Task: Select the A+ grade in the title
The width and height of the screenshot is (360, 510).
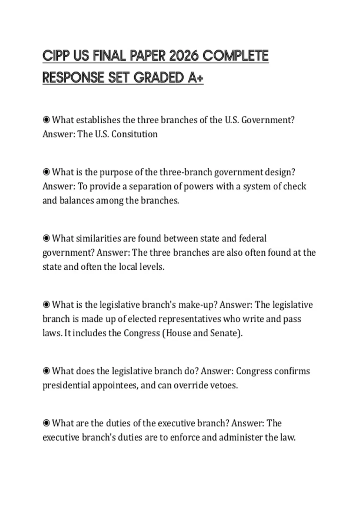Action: (196, 78)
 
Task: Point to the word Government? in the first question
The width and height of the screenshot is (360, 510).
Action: (268, 120)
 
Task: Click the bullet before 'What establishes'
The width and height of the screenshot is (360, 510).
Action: (46, 120)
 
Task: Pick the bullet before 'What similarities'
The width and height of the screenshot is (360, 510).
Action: (46, 238)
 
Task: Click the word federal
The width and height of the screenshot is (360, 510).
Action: (253, 238)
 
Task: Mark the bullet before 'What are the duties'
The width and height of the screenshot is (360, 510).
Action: (46, 423)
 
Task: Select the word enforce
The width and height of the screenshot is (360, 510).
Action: (184, 437)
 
